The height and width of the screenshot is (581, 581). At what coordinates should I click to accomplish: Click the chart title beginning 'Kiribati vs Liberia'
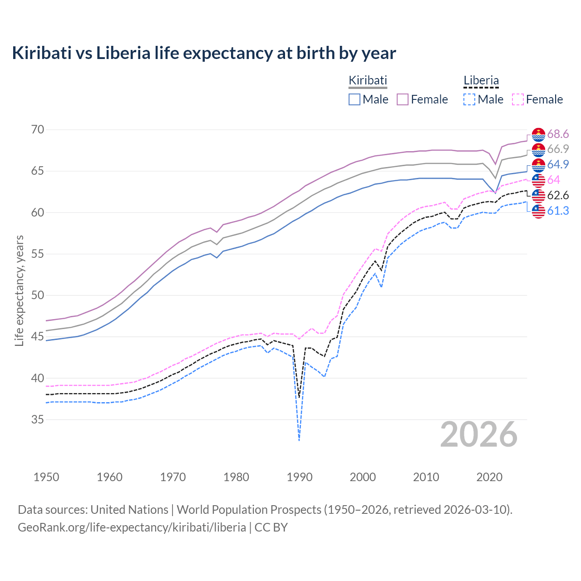pos(204,53)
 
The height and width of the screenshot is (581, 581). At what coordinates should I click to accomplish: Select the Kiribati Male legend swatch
pos(355,99)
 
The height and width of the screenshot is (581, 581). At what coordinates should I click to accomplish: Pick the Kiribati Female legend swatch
pos(403,99)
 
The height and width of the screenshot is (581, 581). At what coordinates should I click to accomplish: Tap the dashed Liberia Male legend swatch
pos(469,99)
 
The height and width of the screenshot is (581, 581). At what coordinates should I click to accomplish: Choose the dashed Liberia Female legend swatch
pos(517,99)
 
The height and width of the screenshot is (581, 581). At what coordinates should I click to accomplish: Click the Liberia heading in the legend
pos(481,81)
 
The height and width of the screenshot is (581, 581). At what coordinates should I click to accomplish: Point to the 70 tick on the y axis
pos(38,130)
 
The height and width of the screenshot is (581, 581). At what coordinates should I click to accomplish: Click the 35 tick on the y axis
pos(38,420)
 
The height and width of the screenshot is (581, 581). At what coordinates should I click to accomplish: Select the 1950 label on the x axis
pos(46,477)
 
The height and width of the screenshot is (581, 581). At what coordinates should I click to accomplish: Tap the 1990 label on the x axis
pos(300,477)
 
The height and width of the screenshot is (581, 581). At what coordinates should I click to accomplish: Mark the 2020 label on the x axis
pos(489,477)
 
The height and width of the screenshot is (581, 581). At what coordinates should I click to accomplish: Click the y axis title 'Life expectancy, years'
pos(19,290)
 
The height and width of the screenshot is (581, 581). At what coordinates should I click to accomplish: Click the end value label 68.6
pos(558,134)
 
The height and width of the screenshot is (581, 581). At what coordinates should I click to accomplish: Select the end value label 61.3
pos(558,211)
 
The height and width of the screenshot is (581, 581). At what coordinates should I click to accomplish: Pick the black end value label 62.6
pos(558,196)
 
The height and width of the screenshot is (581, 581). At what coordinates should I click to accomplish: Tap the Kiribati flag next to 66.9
pos(538,150)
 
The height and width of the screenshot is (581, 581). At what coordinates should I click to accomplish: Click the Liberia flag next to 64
pos(538,180)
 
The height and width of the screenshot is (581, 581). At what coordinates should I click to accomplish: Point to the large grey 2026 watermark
pos(479,435)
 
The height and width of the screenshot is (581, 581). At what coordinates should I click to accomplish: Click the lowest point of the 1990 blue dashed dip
pos(299,440)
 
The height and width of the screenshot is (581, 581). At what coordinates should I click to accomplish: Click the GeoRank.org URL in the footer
pos(132,527)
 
